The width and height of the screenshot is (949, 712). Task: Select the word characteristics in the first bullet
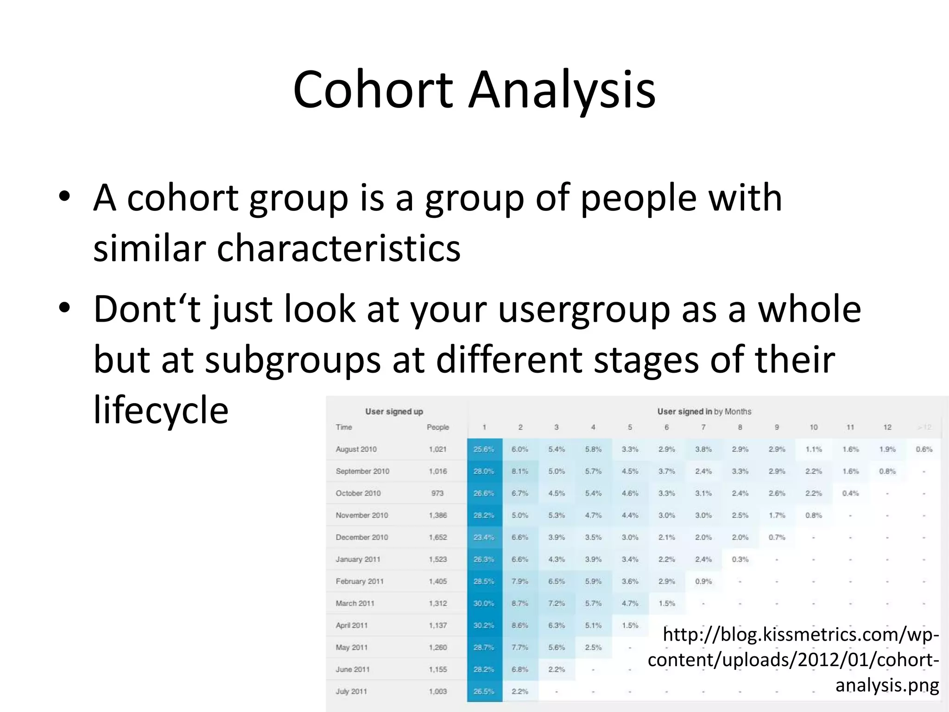click(339, 248)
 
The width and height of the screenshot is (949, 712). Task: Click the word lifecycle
click(161, 410)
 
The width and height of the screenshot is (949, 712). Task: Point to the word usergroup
click(584, 309)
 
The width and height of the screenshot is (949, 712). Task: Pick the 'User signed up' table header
click(394, 412)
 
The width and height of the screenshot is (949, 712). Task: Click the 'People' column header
click(437, 427)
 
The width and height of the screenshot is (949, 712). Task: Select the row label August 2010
click(356, 449)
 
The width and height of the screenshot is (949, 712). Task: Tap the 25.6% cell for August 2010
click(484, 449)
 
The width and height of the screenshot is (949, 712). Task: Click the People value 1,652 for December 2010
click(437, 537)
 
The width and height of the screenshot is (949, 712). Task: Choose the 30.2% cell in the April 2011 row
click(484, 625)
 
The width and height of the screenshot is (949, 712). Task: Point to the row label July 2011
click(351, 692)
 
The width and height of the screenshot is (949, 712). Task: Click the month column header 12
click(887, 427)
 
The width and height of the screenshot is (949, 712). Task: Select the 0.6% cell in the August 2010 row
click(924, 449)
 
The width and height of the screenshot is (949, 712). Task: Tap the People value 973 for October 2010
click(437, 493)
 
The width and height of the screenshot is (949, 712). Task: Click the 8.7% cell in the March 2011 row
click(520, 604)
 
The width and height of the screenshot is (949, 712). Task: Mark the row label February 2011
click(360, 581)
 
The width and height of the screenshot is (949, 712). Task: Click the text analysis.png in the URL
click(887, 685)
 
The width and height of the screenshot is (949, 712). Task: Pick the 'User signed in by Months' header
click(704, 412)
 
